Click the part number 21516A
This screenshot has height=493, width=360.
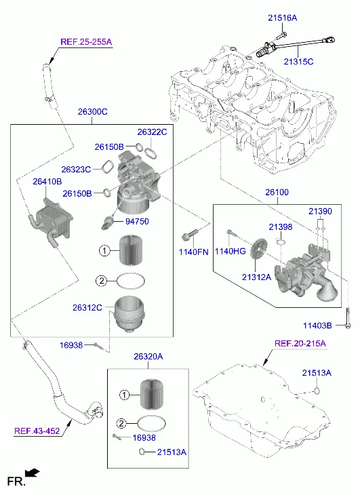[282, 18]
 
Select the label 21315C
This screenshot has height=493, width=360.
[298, 62]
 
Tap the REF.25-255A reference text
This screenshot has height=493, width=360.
[86, 42]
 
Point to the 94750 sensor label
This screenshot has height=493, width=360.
[137, 221]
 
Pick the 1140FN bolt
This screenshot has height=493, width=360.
[190, 234]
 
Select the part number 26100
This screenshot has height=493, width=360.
[277, 192]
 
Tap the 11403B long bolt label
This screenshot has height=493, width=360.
[317, 326]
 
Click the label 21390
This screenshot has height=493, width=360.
[320, 212]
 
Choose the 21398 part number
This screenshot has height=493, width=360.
[281, 227]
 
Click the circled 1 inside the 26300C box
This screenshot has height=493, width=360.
[104, 251]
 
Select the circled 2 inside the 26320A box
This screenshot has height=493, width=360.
[121, 424]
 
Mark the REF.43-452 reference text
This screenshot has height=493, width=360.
[37, 431]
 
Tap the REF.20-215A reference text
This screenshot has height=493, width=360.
[300, 343]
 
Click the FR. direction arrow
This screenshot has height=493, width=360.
[32, 473]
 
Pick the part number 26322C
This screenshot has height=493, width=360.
[152, 132]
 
